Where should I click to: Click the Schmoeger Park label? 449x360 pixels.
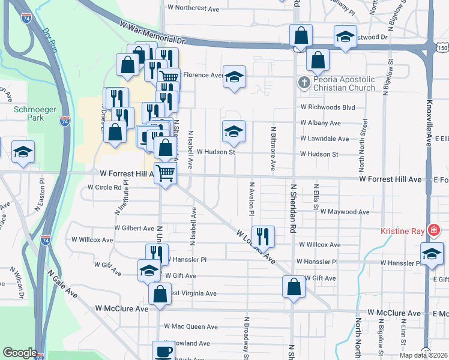29,113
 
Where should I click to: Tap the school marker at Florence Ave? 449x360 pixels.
234,77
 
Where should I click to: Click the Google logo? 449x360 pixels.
20,353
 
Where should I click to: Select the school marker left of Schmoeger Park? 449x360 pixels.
23,152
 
